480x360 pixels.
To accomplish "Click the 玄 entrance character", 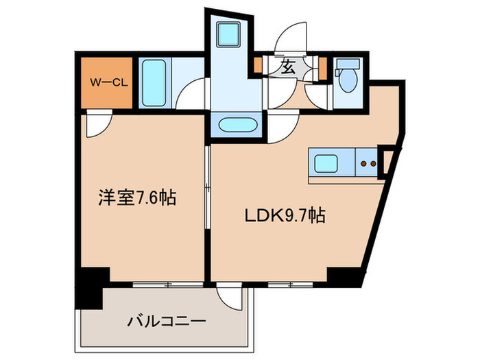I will pos(286,67).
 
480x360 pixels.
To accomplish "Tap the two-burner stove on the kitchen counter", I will pos(368,165).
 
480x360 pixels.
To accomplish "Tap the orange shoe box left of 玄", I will pos(258,67).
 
